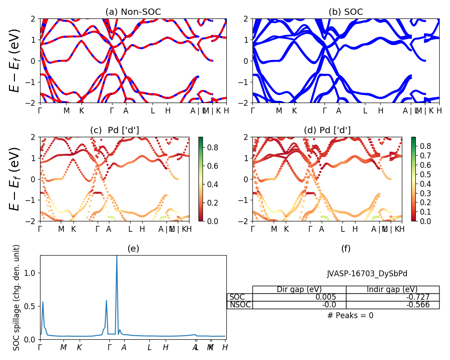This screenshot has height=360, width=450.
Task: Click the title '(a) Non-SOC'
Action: [x=133, y=12]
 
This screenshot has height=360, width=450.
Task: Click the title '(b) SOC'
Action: [x=346, y=12]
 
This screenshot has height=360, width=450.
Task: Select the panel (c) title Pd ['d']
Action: [x=114, y=130]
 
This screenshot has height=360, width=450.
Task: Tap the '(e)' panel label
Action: [x=133, y=248]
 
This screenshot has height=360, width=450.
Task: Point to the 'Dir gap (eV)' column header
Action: [x=299, y=289]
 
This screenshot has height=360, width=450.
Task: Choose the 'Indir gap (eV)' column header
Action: [x=392, y=289]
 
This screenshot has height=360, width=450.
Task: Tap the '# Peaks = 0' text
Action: [x=350, y=315]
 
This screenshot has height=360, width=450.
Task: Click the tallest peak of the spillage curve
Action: [x=117, y=256]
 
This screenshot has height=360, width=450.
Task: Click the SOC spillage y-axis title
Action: [x=17, y=297]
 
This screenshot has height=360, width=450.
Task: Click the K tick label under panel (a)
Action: [x=81, y=111]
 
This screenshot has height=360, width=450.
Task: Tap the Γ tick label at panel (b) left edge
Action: [x=253, y=111]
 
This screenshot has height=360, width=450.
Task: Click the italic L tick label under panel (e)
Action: [x=149, y=347]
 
